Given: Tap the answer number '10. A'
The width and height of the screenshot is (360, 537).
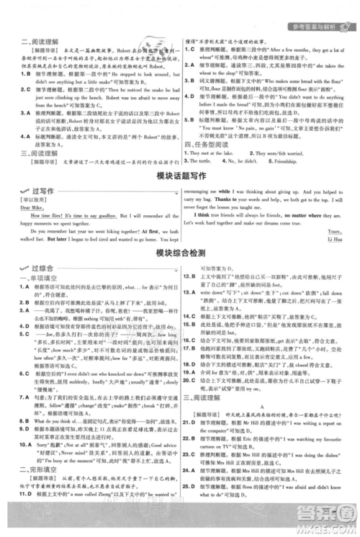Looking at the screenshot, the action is (26, 446).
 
